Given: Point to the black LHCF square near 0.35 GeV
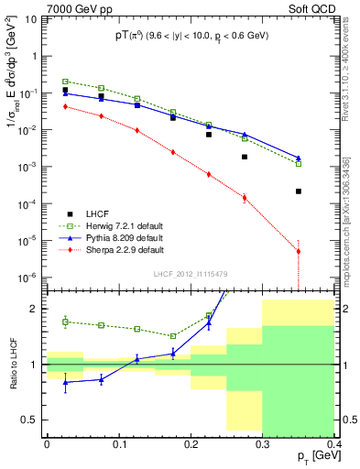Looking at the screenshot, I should pyautogui.click(x=299, y=191).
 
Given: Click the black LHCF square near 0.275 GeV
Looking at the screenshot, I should pyautogui.click(x=245, y=157).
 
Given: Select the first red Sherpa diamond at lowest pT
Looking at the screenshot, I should pyautogui.click(x=65, y=106).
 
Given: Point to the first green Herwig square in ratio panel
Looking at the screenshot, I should pyautogui.click(x=65, y=322).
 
